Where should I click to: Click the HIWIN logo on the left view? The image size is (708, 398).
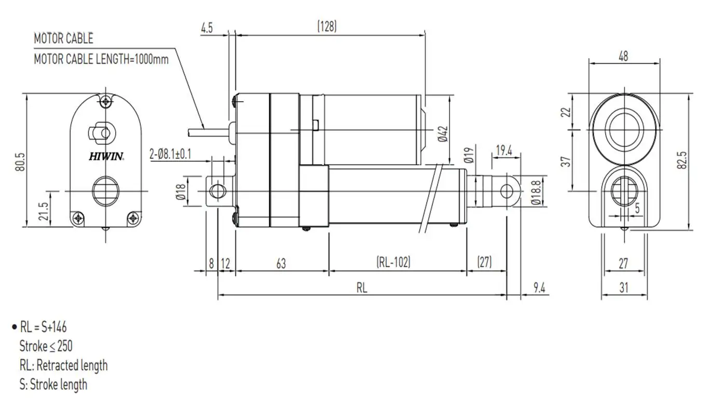106,156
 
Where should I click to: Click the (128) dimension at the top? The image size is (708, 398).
327,27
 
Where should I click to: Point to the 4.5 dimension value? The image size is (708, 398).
207,28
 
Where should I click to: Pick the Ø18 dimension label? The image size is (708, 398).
181,191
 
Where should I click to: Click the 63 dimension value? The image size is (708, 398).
281,263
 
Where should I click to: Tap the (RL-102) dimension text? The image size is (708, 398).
393,263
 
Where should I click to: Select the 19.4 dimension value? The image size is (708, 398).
503,151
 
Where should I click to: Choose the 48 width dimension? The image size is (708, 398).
624,56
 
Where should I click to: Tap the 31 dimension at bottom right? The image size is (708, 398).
624,287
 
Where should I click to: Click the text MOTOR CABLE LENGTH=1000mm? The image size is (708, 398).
101,59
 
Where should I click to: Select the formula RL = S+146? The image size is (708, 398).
43,327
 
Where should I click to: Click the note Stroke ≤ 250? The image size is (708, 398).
46,346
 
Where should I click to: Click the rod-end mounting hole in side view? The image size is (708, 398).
507,191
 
